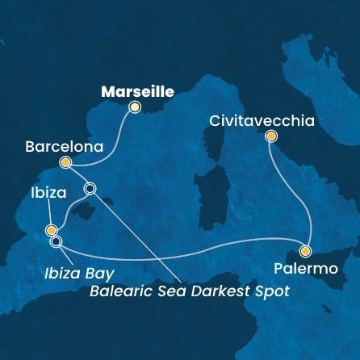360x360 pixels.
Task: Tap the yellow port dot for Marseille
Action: tap(135, 107)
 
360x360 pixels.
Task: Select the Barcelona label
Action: tap(65, 148)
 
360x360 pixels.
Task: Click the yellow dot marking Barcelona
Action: tap(66, 163)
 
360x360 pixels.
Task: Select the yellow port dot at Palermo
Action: tap(305, 251)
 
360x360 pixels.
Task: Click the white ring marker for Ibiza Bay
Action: tap(56, 241)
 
